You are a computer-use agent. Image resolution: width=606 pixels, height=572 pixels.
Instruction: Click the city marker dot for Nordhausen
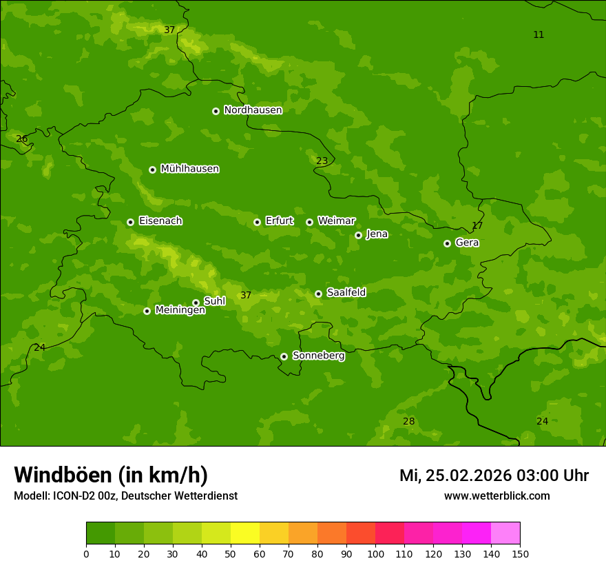pos(216,111)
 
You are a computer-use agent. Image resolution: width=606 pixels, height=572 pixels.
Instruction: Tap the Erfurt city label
pos(279,221)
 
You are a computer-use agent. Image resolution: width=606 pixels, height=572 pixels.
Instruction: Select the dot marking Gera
pos(447,243)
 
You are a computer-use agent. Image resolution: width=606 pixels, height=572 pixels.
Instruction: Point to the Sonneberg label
pos(318,356)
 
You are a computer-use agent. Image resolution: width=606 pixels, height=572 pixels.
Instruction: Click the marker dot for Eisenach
pos(130,222)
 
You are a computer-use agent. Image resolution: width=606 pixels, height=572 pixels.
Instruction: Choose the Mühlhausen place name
pos(189,169)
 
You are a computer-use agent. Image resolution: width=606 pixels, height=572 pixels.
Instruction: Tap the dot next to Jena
pos(358,235)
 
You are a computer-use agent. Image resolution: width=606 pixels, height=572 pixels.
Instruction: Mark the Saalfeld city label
pos(346,293)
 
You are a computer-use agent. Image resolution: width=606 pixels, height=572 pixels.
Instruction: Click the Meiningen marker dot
pos(147,311)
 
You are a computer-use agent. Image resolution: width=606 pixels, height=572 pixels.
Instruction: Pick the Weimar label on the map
pos(336,221)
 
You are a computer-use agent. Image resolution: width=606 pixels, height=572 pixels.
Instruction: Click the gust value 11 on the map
pos(539,34)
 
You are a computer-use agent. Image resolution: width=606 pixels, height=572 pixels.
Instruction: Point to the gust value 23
pos(322,161)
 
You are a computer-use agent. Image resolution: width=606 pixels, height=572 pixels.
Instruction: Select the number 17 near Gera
pos(477,226)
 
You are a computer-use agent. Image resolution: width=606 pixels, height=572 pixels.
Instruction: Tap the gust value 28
pos(408,421)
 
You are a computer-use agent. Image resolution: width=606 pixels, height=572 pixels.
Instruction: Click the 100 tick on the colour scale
pos(375,553)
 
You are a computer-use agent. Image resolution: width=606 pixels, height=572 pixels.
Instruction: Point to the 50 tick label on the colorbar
pos(231,553)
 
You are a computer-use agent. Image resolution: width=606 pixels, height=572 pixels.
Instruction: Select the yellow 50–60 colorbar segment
pos(245,533)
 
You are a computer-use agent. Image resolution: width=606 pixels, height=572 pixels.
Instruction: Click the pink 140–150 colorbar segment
pos(505,533)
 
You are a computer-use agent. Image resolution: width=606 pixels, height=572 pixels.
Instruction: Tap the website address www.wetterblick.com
pos(497,496)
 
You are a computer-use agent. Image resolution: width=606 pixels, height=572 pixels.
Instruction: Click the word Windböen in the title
pos(63,475)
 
